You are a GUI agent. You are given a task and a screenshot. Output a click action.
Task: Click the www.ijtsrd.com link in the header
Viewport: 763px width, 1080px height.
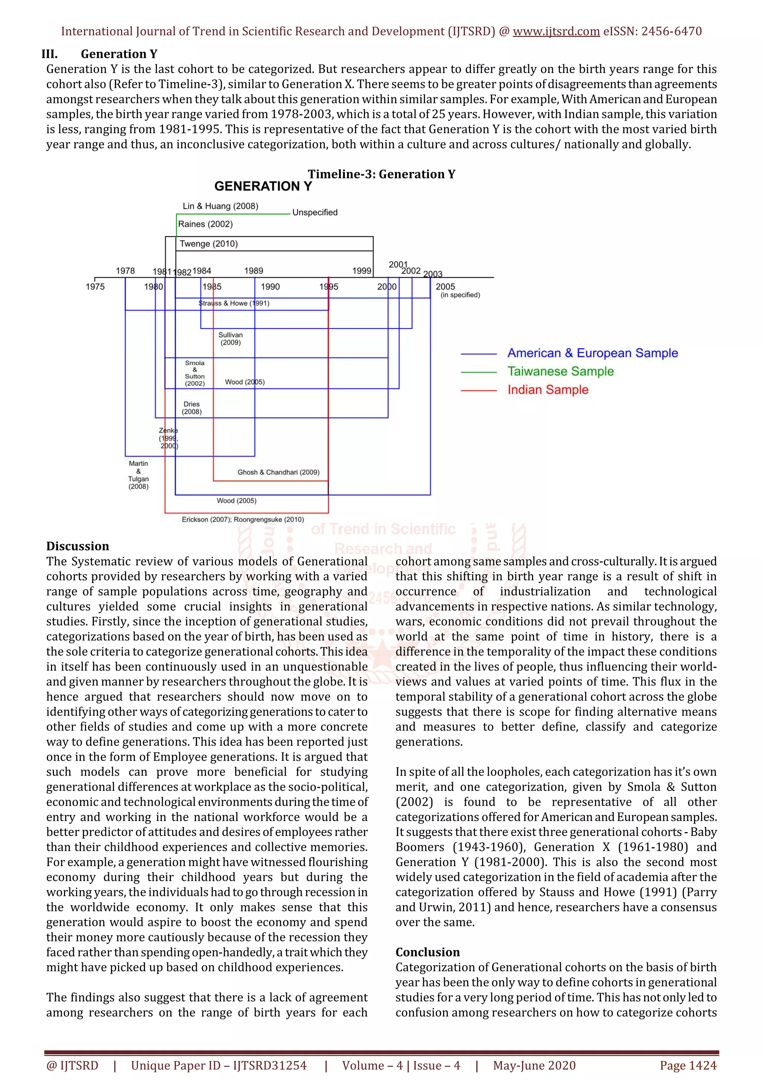pos(556,32)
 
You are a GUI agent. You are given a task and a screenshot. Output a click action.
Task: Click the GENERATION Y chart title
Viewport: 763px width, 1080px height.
pos(263,186)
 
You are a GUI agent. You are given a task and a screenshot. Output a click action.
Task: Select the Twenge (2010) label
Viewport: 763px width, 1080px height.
pos(209,244)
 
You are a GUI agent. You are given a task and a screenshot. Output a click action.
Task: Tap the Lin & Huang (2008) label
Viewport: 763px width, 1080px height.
pos(220,206)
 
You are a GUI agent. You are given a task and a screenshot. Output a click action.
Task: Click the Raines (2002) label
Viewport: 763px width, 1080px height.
pos(205,224)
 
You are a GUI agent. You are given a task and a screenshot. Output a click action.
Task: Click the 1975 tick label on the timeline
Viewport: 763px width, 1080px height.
pos(95,287)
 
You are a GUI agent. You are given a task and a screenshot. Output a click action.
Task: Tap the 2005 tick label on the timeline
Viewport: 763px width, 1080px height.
pos(445,287)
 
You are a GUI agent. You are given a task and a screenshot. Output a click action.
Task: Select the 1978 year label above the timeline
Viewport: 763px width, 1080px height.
pos(125,271)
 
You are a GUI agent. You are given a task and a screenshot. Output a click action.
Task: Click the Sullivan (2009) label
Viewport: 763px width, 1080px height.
pos(230,339)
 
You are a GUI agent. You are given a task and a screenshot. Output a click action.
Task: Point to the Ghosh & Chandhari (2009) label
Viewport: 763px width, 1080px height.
pos(278,472)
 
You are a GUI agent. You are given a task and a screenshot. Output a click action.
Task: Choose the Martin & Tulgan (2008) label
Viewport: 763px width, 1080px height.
pos(138,475)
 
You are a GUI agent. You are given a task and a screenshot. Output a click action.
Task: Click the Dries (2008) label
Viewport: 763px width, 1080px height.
pos(191,408)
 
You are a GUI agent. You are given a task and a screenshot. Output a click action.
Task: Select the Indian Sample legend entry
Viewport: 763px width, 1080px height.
pos(548,390)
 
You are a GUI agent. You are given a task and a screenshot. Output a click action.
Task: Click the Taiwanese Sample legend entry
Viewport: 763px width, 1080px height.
pos(560,372)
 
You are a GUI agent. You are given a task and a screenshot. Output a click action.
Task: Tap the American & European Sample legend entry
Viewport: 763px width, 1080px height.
pos(592,353)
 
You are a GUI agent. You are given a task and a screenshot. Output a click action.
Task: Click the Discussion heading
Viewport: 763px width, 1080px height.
pos(77,546)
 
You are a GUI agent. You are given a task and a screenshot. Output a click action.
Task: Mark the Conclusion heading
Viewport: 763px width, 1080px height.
pos(427,952)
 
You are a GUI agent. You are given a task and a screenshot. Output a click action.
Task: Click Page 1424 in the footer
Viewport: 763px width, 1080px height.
pos(688,1065)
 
